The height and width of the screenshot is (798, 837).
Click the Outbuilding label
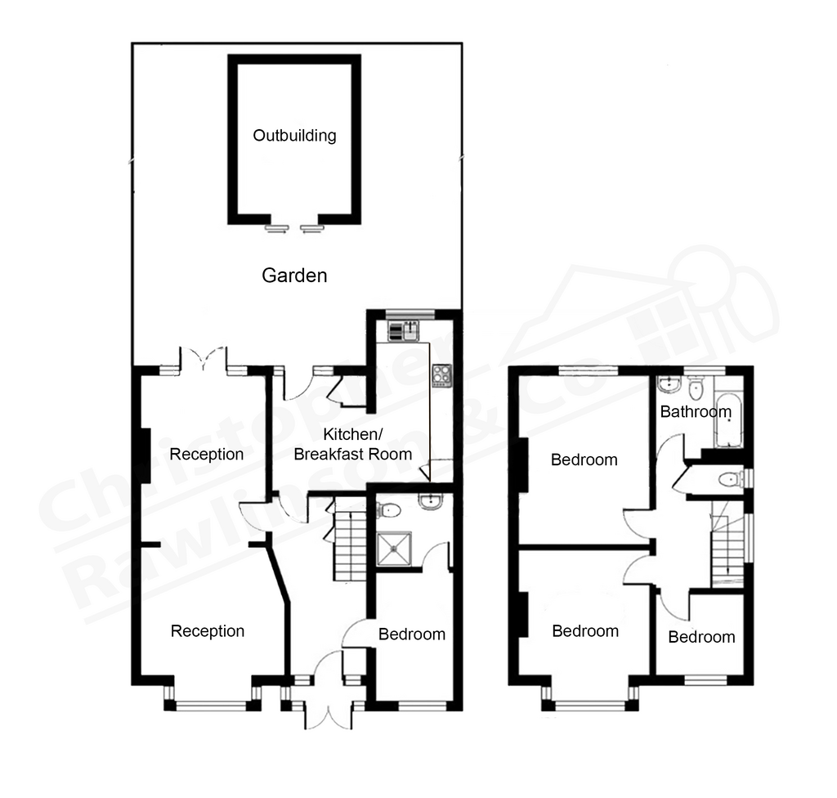(x=294, y=136)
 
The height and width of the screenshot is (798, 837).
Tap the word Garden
(x=294, y=276)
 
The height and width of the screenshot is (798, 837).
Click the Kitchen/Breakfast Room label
(x=353, y=444)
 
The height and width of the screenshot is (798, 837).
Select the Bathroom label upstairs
(x=696, y=412)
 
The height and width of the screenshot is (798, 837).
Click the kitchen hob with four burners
(x=441, y=375)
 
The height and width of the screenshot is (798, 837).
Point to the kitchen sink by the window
(x=404, y=332)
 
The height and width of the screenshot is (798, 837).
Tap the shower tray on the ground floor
(x=394, y=549)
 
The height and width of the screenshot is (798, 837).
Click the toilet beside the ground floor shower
(x=388, y=511)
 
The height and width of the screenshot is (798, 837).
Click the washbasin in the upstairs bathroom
(x=668, y=384)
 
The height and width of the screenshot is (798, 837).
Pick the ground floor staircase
(x=350, y=541)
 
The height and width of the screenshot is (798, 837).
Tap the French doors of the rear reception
(x=204, y=359)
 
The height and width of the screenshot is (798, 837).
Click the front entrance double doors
(x=329, y=689)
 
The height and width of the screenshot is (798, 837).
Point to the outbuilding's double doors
(x=294, y=228)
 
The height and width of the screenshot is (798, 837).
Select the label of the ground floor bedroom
(x=412, y=634)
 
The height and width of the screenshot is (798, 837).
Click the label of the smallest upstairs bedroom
(x=701, y=637)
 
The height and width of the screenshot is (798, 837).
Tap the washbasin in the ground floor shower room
(x=430, y=501)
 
